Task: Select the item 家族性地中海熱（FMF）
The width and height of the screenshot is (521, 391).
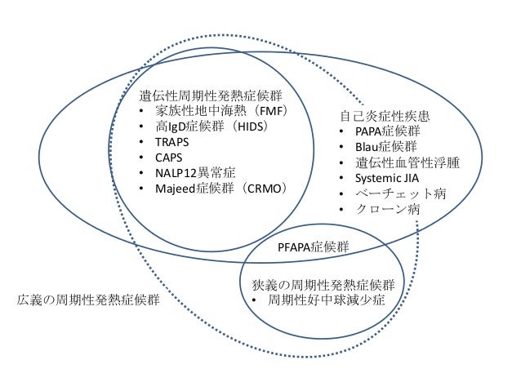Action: [219, 112]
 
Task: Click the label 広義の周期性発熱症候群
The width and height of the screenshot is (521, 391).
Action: [88, 300]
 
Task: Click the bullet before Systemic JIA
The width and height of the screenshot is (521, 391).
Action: [342, 179]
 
